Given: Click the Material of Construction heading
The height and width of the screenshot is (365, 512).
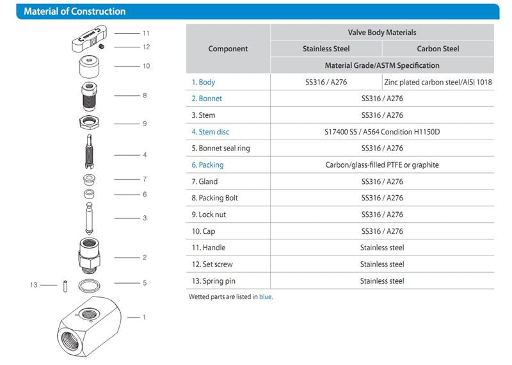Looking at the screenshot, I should point(74,12).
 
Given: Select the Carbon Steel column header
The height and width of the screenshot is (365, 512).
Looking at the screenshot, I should point(438,49).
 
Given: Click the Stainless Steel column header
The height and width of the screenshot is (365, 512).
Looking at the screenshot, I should point(326,49).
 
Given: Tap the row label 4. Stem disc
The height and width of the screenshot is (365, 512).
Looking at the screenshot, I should point(211,132).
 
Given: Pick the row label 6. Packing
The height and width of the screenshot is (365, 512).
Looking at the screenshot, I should point(208,165).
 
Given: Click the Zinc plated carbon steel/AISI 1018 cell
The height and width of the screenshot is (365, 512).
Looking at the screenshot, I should point(438,83).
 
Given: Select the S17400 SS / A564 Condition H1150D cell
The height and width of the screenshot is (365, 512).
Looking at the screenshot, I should point(382,132).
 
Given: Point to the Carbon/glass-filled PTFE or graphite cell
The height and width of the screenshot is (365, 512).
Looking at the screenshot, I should point(382,165).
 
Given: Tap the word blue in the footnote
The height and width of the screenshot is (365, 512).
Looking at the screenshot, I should point(266,297).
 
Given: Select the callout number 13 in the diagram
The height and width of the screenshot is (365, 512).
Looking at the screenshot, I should point(34,285).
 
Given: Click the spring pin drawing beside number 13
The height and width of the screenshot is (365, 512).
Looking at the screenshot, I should point(65,286).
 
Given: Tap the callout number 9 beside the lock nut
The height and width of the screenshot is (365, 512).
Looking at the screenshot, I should point(145,124).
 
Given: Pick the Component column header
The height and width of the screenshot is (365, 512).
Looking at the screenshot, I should point(228,49).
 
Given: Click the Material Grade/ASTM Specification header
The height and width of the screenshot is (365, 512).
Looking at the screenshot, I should point(382,65).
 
